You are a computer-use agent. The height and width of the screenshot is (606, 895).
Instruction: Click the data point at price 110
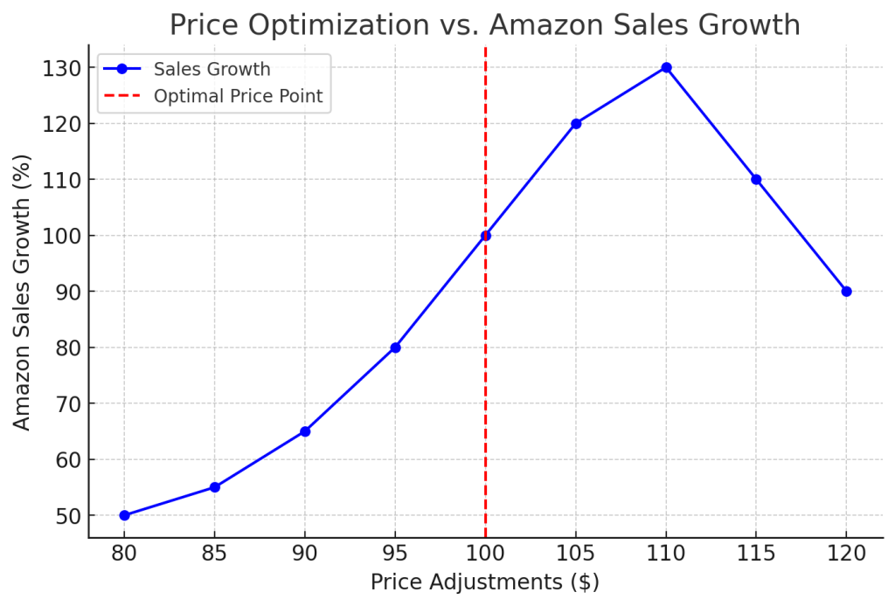(x=666, y=67)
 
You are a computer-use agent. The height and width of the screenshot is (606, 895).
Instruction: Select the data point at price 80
(x=124, y=515)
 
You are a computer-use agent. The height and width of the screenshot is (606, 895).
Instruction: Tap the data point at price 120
(x=846, y=292)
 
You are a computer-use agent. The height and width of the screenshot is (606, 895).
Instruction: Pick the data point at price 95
(x=395, y=348)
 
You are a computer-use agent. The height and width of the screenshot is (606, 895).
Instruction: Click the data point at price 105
(x=576, y=123)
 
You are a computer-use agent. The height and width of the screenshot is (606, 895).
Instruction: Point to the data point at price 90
(x=305, y=431)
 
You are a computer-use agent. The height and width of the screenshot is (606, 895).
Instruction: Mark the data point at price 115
(x=756, y=180)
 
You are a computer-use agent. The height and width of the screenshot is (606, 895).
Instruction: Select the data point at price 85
(x=214, y=487)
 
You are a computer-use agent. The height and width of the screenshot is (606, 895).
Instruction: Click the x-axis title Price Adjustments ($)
(x=485, y=582)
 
